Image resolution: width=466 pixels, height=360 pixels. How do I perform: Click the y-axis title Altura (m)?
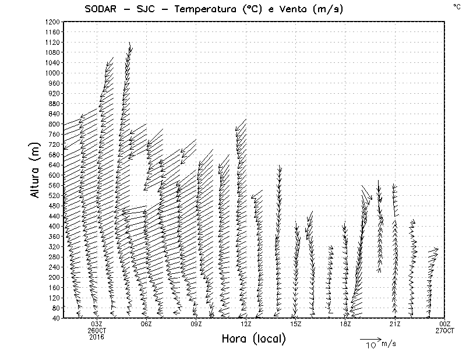tap(35, 170)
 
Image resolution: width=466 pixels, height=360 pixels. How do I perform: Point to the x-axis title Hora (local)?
tap(253, 339)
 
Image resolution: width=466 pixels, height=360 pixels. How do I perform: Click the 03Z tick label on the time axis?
tap(97, 324)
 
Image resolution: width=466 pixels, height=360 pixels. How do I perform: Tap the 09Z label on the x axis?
tap(196, 324)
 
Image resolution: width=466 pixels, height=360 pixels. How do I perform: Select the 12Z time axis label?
tap(246, 324)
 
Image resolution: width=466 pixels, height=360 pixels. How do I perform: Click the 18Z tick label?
tap(345, 324)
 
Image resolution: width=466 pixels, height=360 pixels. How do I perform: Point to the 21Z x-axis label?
tap(395, 324)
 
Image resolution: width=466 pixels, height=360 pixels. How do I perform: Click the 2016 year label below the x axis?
tap(97, 336)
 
